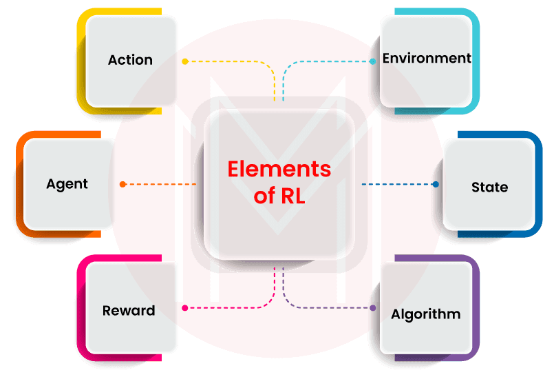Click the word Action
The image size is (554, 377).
click(x=130, y=60)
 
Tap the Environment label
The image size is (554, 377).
click(x=427, y=58)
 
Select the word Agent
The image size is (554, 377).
click(x=67, y=184)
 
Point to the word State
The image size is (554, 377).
click(x=489, y=187)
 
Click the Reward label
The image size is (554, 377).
click(x=129, y=311)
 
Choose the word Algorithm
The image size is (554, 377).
click(x=425, y=314)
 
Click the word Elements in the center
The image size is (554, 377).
click(x=279, y=169)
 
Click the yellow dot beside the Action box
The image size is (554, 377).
click(x=184, y=61)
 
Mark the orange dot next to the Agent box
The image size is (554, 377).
click(x=122, y=184)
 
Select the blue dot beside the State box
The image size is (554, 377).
click(x=435, y=185)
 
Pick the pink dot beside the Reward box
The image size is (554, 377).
click(x=184, y=308)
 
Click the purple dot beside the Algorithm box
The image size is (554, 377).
click(x=373, y=308)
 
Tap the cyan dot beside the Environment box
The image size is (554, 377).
click(x=372, y=61)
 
